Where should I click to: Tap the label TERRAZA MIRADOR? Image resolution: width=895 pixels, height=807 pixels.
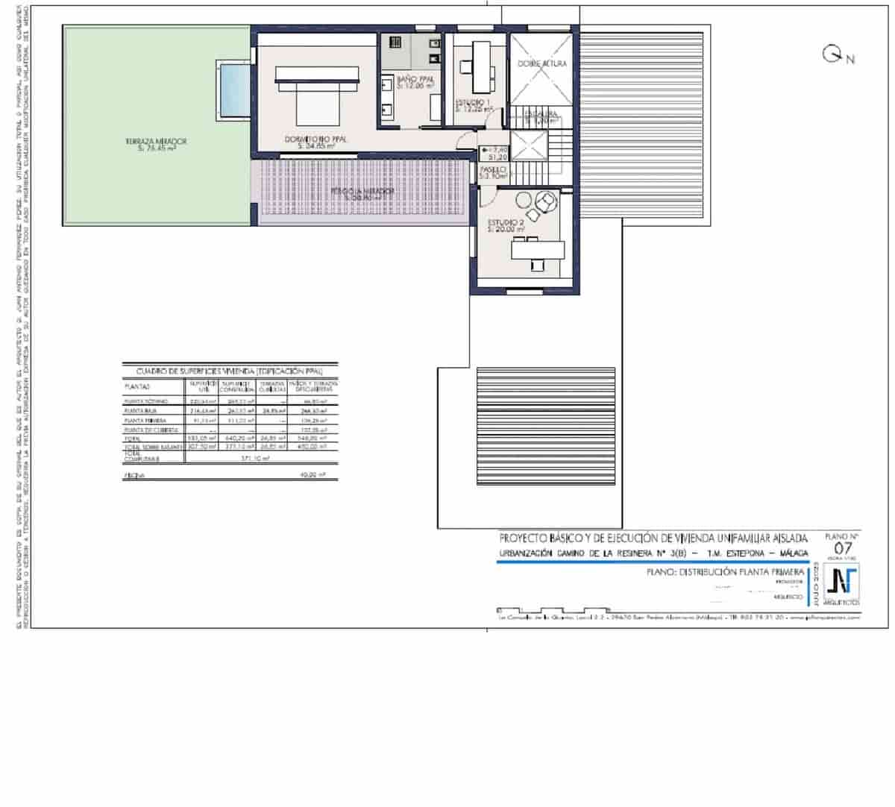156,141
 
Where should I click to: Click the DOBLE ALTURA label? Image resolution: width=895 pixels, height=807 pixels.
542,64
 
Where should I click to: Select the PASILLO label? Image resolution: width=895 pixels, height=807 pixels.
493,170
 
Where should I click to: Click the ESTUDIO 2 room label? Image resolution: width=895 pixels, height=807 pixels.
506,223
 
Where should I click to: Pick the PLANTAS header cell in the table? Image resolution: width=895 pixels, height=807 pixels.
138,387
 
